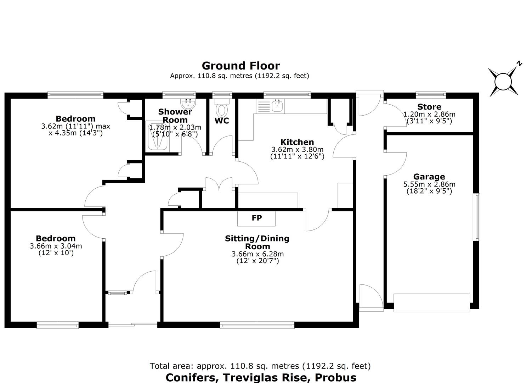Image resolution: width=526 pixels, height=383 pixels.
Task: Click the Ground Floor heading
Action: tap(241, 66)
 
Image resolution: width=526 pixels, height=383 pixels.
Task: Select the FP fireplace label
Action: tap(257, 218)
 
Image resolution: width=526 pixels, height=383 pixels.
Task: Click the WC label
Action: tap(222, 121)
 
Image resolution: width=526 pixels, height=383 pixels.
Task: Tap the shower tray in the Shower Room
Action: tap(157, 137)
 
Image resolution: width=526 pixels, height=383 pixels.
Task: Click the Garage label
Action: tap(429, 177)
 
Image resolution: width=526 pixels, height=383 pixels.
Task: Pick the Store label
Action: tap(429, 107)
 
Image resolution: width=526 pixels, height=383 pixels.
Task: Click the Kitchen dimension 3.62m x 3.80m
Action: tap(297, 149)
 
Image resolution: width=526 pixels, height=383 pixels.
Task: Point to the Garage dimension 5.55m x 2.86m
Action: tap(429, 184)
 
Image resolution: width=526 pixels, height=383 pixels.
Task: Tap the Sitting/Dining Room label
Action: tap(257, 243)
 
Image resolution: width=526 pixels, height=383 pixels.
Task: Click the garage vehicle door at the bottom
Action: tap(431, 302)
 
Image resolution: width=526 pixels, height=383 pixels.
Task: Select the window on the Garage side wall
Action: tap(477, 217)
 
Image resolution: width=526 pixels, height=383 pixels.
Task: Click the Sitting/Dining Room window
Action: tap(257, 325)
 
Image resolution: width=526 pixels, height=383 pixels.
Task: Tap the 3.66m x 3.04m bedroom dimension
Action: tap(56, 246)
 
